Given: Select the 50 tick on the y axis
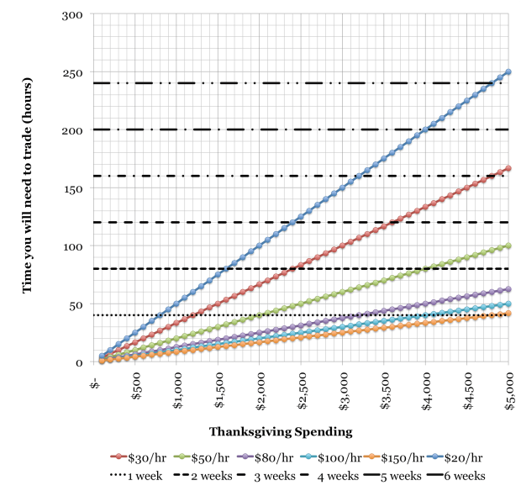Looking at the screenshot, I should [79, 304].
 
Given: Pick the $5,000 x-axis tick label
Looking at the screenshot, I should [508, 388].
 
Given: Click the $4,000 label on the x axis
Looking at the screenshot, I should [426, 388].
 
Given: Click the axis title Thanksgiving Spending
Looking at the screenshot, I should [279, 432].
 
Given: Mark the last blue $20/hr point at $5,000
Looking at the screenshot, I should [508, 71].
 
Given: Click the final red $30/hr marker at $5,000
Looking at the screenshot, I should [508, 168].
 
